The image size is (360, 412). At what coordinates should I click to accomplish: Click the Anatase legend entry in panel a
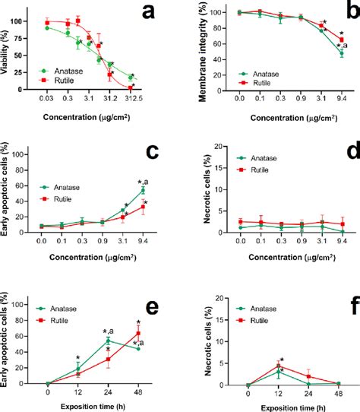(64, 70)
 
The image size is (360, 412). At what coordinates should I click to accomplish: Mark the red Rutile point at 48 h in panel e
(138, 333)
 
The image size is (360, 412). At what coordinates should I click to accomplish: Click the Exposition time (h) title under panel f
(292, 406)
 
